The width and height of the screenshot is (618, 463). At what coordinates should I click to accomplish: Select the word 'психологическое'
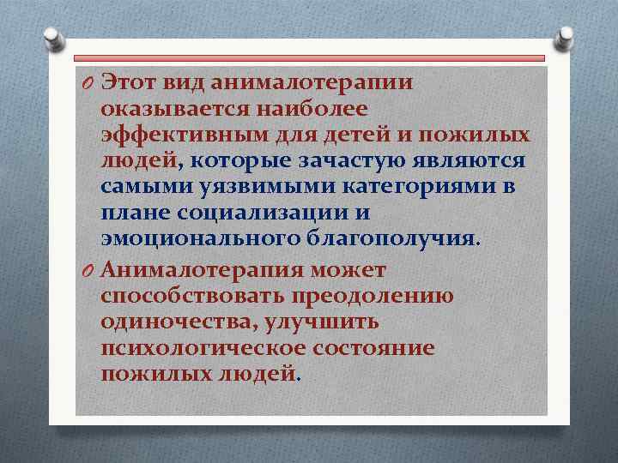[x=194, y=348]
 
